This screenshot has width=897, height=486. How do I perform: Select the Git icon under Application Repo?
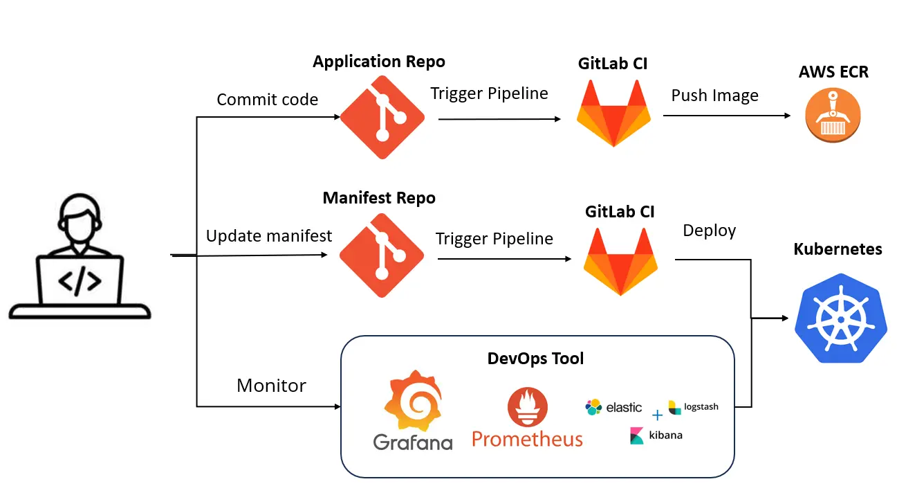[x=382, y=117]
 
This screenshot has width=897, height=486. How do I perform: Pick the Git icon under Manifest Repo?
[x=382, y=255]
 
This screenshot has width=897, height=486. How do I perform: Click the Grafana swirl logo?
[x=413, y=404]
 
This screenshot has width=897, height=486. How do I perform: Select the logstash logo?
[x=693, y=407]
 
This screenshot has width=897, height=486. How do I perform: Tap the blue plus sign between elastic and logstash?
[x=657, y=415]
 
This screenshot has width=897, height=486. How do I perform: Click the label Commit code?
[x=267, y=100]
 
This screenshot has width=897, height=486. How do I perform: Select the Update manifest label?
[x=269, y=236]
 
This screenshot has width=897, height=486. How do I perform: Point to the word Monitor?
[x=271, y=386]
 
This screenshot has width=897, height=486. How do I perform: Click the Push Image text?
[x=714, y=96]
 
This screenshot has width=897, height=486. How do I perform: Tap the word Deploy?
[x=709, y=231]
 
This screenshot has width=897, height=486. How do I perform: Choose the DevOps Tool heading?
[x=535, y=359]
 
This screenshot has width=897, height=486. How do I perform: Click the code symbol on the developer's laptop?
[x=80, y=281]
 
